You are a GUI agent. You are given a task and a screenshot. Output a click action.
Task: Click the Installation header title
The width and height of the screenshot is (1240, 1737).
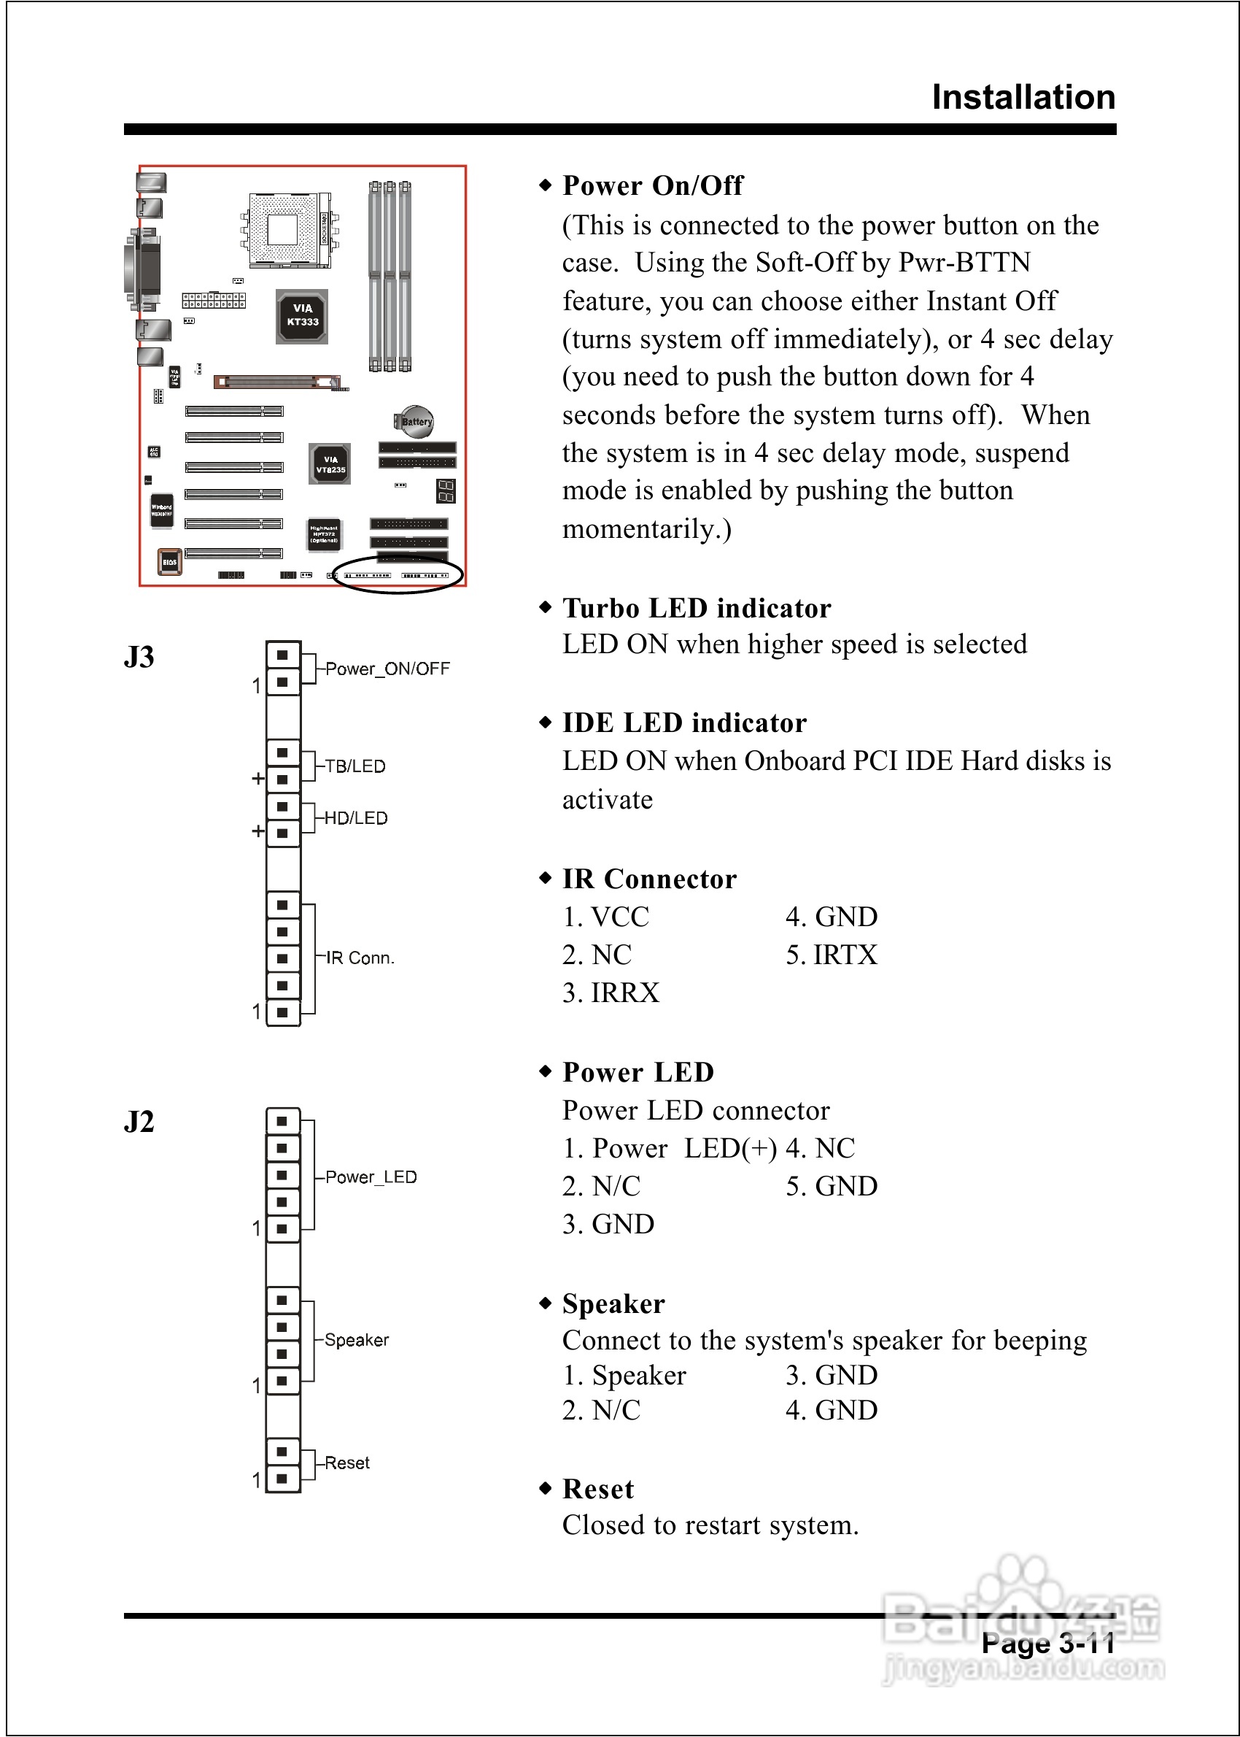(x=1023, y=98)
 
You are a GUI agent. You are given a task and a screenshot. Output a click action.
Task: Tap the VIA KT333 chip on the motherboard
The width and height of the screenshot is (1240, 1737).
(x=303, y=315)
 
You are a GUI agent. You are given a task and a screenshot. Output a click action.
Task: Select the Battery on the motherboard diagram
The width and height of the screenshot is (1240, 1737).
(x=414, y=421)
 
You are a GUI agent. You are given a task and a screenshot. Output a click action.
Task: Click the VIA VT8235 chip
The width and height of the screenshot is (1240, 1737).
(x=330, y=463)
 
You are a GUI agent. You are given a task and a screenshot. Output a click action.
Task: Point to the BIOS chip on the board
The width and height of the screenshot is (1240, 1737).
(x=168, y=561)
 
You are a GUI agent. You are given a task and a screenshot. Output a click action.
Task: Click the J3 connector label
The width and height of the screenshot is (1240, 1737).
(x=139, y=657)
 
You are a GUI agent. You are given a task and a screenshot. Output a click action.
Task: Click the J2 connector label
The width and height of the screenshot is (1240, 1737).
(x=139, y=1121)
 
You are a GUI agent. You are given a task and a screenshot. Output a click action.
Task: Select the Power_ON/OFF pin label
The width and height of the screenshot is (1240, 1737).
(x=387, y=669)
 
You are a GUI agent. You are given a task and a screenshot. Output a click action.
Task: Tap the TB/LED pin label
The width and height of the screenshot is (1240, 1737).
(x=355, y=766)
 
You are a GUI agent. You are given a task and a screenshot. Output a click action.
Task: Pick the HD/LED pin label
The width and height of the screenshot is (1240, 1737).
(x=356, y=818)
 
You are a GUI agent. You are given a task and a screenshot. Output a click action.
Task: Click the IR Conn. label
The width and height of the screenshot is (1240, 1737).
(x=360, y=958)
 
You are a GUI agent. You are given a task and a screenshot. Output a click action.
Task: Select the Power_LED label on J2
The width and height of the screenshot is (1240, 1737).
(x=371, y=1177)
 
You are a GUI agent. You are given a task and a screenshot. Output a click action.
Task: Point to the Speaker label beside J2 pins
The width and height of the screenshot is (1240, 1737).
(x=357, y=1340)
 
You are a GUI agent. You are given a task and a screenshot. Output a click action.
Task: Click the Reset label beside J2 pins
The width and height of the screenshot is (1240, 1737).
(x=346, y=1463)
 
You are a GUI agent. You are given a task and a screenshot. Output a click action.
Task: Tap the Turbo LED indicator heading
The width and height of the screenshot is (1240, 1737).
(x=696, y=608)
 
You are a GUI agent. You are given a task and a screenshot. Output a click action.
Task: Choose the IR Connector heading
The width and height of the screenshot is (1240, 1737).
(x=649, y=879)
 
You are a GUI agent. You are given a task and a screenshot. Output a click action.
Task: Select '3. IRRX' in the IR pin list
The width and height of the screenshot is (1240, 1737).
(x=610, y=993)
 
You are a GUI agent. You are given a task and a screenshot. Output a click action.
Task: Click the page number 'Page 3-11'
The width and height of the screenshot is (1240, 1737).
(x=1047, y=1643)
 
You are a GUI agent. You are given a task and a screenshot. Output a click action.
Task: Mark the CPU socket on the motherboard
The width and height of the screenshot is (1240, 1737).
(x=282, y=229)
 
